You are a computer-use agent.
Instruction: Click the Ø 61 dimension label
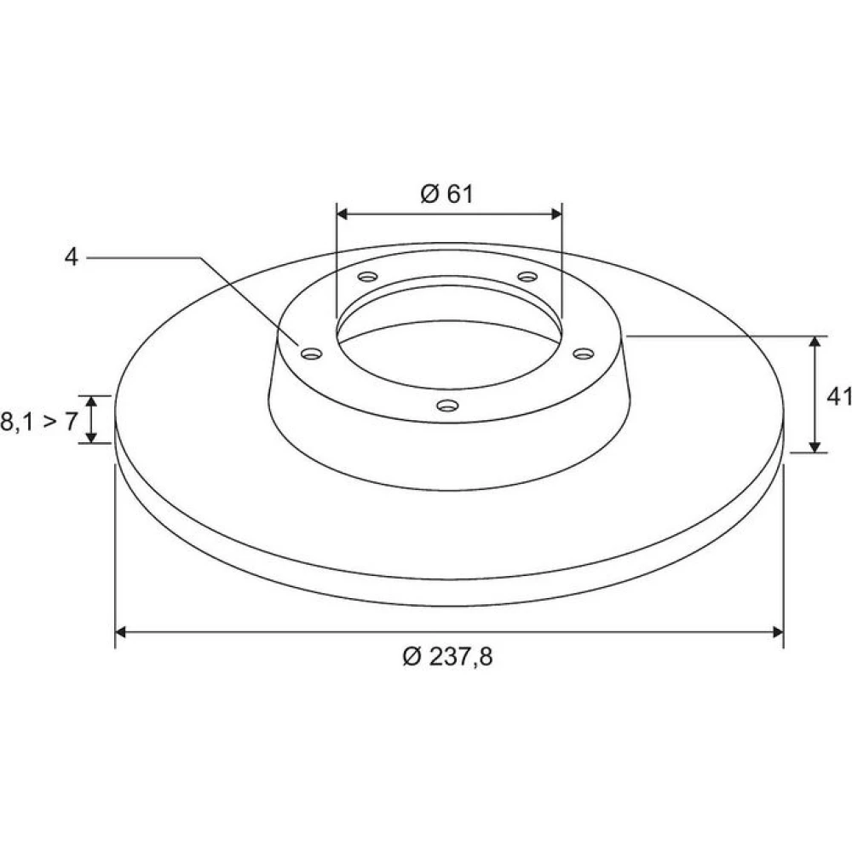(x=446, y=194)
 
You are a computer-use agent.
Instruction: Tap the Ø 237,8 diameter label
(x=448, y=657)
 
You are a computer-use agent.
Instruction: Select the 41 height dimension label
(x=838, y=397)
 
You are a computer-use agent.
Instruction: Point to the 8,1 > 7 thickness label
(x=39, y=421)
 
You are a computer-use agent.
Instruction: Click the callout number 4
(x=72, y=256)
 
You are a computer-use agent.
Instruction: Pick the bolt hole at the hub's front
(x=448, y=405)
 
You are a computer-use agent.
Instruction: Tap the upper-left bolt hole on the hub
(x=368, y=277)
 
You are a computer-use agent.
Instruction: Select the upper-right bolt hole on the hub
(x=527, y=277)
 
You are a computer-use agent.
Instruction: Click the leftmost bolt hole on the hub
(x=311, y=354)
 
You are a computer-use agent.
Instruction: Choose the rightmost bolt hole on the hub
(x=584, y=354)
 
